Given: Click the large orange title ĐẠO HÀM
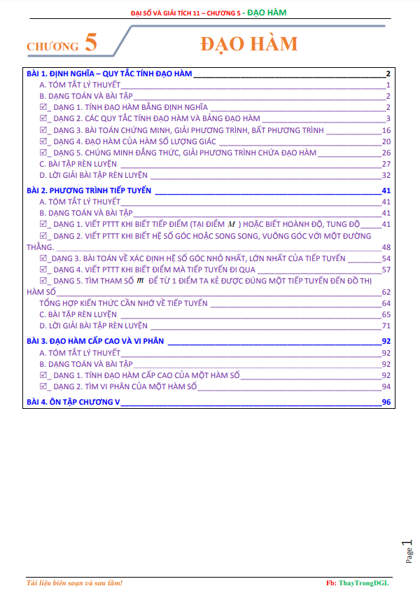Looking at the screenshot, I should point(248,43).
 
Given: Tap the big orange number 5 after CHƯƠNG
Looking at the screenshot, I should point(90,43).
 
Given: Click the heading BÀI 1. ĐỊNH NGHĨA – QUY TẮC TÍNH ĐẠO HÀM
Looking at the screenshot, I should point(108,74).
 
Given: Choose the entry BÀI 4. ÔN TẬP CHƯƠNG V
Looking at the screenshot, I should point(73,402).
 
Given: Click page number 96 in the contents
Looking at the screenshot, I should point(386,402).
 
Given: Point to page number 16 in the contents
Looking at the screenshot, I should point(386,130).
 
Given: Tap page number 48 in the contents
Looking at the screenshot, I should point(386,246).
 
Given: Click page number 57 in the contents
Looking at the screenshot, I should point(386,270).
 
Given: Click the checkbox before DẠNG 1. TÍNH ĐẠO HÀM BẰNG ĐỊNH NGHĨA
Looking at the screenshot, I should point(43,107).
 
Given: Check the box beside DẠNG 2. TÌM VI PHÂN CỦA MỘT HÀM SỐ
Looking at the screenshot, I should point(43,386).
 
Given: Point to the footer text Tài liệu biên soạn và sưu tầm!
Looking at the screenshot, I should point(73,582).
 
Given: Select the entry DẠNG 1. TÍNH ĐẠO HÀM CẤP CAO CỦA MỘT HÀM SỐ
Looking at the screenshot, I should point(146,375).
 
